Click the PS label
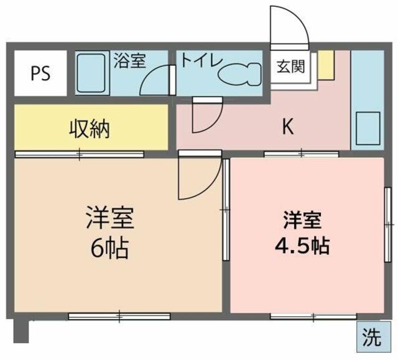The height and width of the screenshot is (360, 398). click(40, 73)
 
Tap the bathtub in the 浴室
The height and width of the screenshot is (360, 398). click(91, 73)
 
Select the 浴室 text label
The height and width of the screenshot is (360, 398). click(129, 61)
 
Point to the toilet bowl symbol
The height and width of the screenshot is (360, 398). click(239, 73)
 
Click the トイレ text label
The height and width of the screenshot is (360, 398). click(201, 60)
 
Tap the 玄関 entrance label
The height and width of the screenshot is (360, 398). click(291, 67)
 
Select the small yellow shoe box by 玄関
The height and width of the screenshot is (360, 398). click(326, 65)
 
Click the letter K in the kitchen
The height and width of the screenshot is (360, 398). click(288, 127)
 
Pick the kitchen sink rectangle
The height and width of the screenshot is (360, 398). click(368, 128)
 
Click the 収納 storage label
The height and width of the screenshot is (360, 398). click(90, 129)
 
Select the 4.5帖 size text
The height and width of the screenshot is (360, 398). click(302, 246)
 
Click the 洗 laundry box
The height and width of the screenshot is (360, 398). click(373, 336)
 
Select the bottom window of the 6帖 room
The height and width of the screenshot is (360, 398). click(119, 316)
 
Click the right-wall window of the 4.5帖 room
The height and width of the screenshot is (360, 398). click(387, 224)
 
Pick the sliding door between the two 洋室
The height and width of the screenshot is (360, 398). click(226, 210)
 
